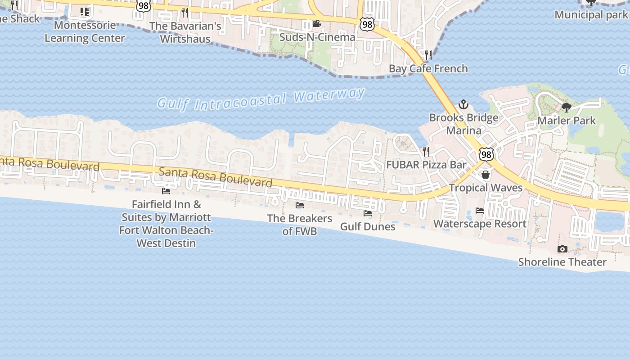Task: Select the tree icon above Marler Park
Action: click(x=567, y=108)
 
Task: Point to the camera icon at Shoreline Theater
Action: click(x=562, y=249)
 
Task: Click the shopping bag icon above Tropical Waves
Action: click(x=486, y=174)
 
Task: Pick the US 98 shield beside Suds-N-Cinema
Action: click(x=367, y=24)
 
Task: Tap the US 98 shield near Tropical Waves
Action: click(x=486, y=155)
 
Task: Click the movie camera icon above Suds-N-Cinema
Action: click(x=317, y=23)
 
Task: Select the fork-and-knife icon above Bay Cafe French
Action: click(x=428, y=55)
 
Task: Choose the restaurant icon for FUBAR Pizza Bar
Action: click(x=426, y=151)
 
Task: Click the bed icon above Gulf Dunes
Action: click(x=368, y=213)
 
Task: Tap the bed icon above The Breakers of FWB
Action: click(x=300, y=205)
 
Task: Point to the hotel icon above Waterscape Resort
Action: click(x=480, y=210)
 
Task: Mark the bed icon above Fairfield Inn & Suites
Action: click(x=166, y=191)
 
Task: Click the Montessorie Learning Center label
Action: click(x=85, y=31)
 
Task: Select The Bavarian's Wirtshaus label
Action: click(x=185, y=32)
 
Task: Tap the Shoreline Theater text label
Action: click(x=562, y=262)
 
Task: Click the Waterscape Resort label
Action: click(x=480, y=224)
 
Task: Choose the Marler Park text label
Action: click(x=567, y=121)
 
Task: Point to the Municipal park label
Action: click(x=591, y=14)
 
